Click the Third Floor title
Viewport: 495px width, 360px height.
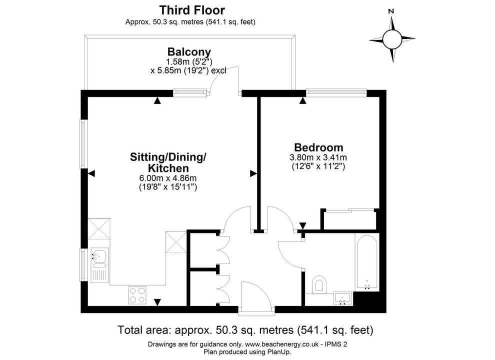tap(192, 10)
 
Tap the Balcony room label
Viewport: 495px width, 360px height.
tap(189, 52)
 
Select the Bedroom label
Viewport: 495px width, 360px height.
tap(318, 147)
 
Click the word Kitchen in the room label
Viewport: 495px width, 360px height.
tap(168, 168)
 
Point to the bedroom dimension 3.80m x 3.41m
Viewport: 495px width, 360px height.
tap(318, 157)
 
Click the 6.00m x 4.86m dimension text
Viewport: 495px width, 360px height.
tap(168, 178)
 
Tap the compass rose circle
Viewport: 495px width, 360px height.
tap(392, 39)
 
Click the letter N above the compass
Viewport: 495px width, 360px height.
tap(391, 11)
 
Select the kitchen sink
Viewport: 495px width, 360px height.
tap(100, 265)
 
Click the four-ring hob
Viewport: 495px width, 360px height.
tap(137, 295)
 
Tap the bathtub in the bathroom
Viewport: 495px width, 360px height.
tap(366, 262)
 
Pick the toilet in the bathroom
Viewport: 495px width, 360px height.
tap(318, 284)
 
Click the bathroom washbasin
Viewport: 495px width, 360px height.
tap(343, 298)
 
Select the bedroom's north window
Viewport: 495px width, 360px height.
tap(336, 93)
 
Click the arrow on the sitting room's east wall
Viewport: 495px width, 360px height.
tap(253, 173)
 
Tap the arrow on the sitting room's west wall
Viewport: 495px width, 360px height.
tap(91, 173)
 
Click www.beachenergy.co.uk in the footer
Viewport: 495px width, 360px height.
tap(281, 344)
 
